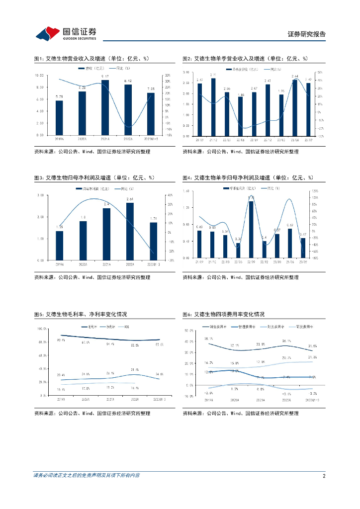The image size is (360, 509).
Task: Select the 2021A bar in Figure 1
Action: [x=105, y=107]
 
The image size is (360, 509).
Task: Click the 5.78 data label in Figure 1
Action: [x=59, y=96]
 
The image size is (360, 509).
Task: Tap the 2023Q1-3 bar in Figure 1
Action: [x=151, y=114]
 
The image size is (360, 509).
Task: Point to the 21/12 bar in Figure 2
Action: [x=213, y=107]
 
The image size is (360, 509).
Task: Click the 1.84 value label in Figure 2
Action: [x=241, y=94]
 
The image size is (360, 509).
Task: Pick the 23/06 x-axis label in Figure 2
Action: [x=294, y=139]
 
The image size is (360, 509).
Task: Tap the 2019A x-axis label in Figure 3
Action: [x=59, y=263]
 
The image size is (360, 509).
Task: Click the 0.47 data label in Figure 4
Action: [x=302, y=234]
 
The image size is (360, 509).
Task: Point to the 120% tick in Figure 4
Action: [x=315, y=191]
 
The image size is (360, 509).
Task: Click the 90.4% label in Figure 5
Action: [x=61, y=340]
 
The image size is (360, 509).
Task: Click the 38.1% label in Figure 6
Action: [x=208, y=339]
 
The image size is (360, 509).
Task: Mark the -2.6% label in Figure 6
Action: [x=208, y=392]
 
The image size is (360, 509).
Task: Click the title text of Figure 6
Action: [x=223, y=315]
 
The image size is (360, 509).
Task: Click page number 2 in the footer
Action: [x=324, y=476]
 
